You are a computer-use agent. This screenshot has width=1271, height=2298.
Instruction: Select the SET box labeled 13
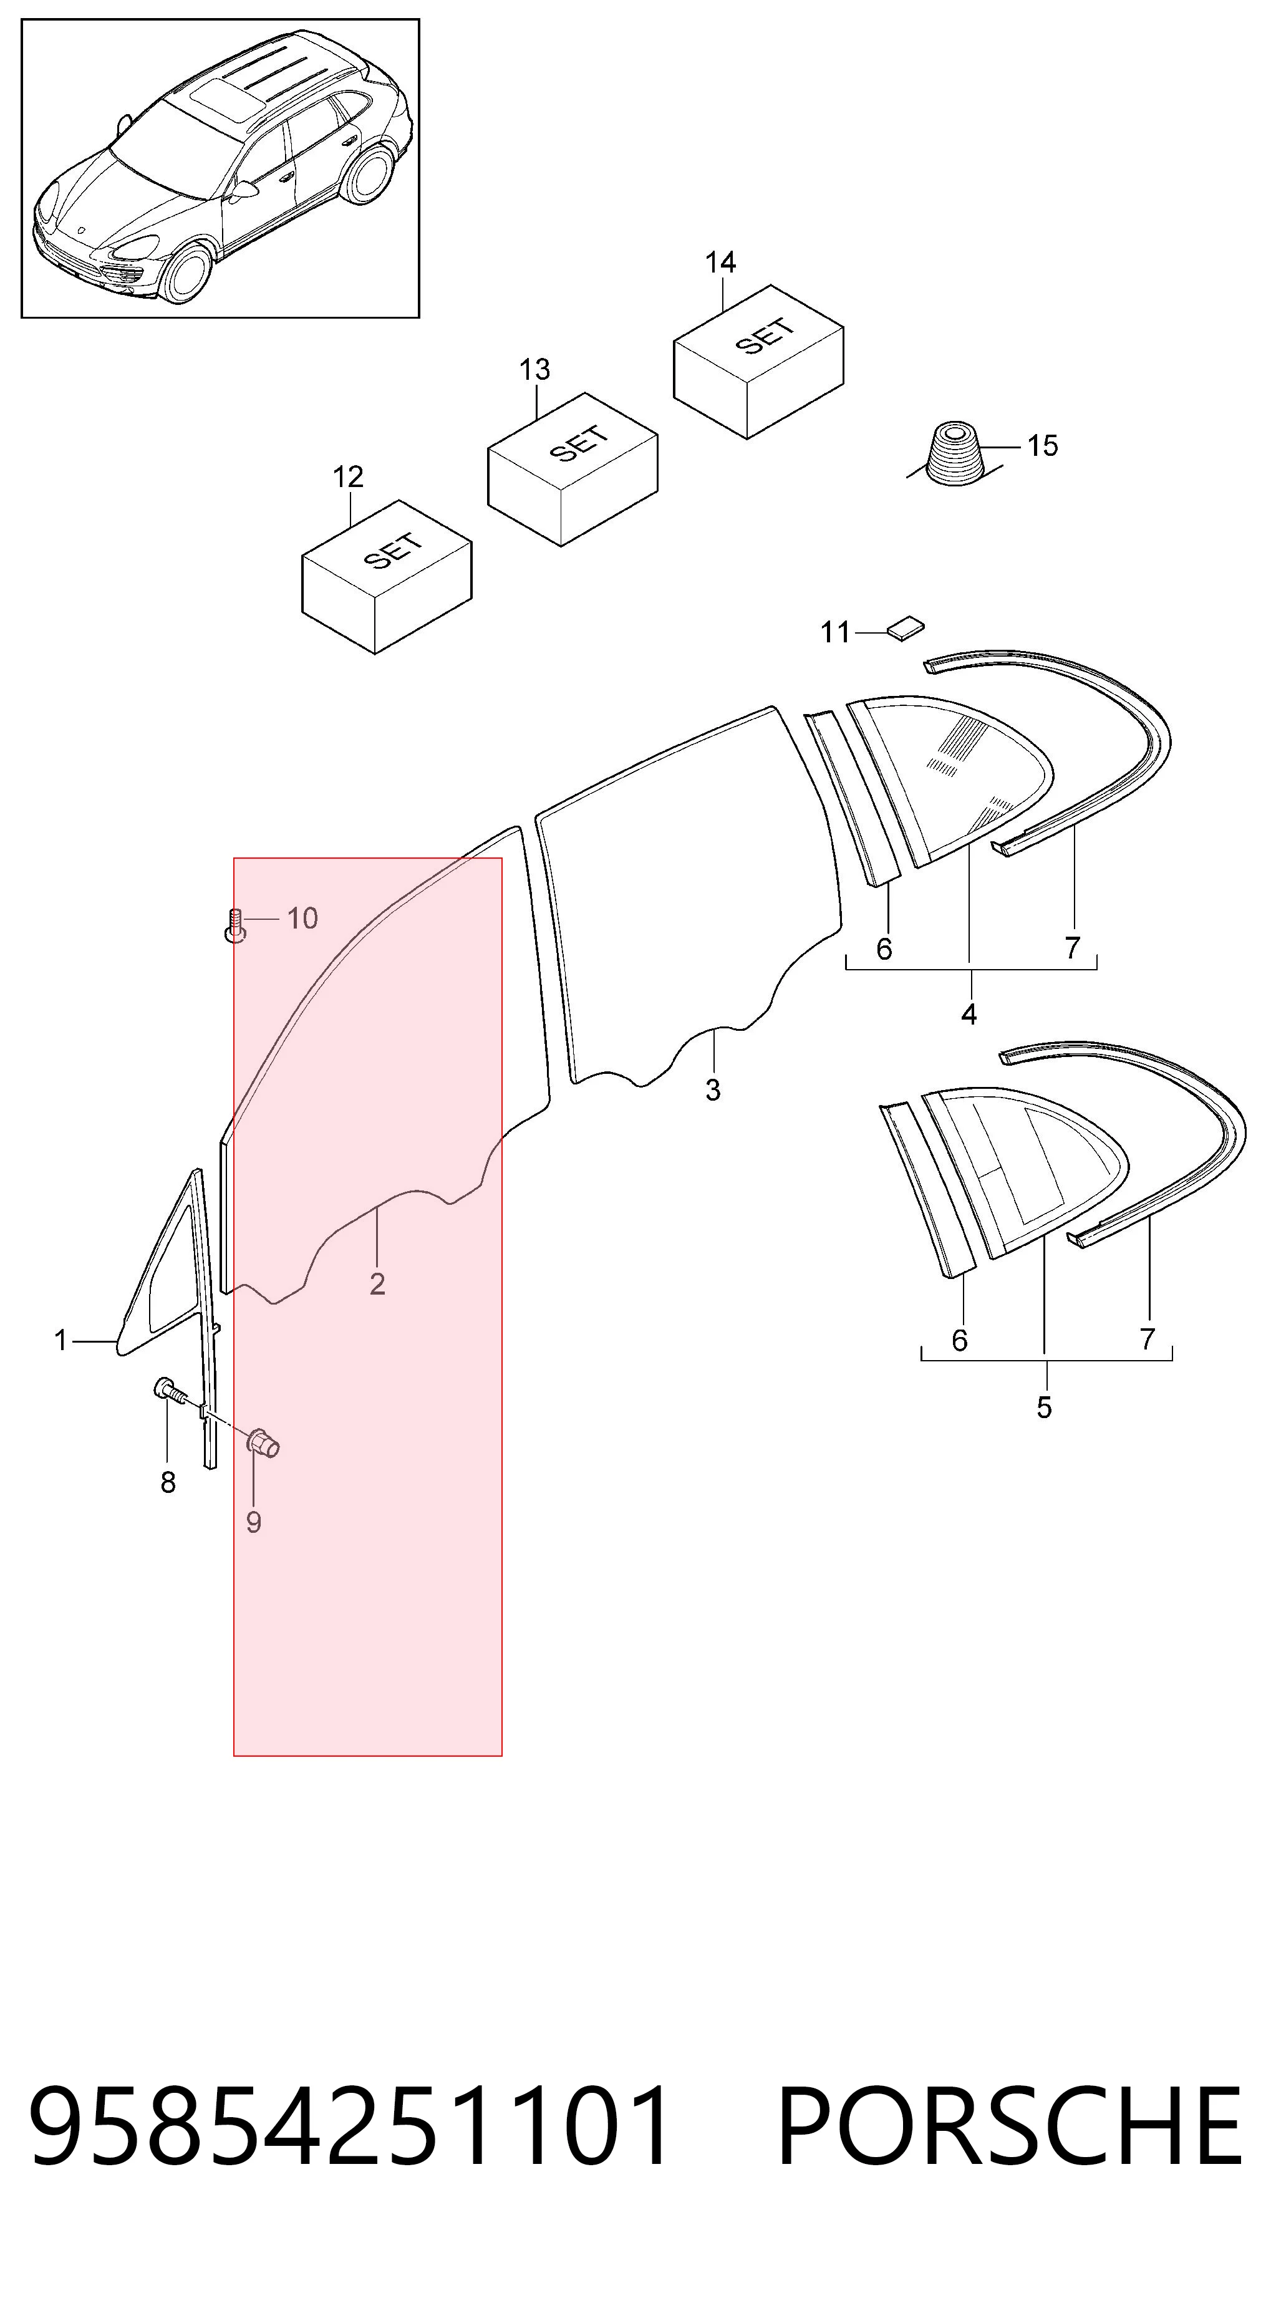coord(573,469)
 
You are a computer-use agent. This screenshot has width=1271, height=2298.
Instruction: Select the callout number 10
coord(302,918)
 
